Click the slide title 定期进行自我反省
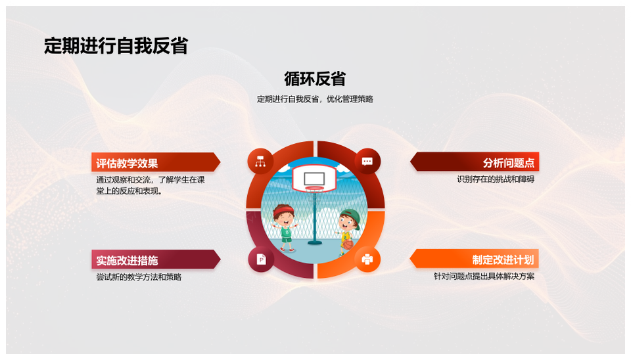[116, 45]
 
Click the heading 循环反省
[315, 78]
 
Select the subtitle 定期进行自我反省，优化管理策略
[315, 99]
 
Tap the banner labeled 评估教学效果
[156, 162]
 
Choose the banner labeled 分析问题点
[475, 162]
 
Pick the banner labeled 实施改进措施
[156, 260]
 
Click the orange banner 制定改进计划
[475, 259]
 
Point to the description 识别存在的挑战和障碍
[496, 179]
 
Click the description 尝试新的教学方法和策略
[139, 277]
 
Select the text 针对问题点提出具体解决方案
[484, 277]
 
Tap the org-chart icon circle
[260, 162]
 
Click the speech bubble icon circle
[367, 162]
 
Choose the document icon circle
[261, 259]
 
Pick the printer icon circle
[367, 259]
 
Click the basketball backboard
[314, 179]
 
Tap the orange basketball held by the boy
[348, 244]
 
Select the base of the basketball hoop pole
[314, 242]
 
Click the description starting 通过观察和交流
[151, 185]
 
